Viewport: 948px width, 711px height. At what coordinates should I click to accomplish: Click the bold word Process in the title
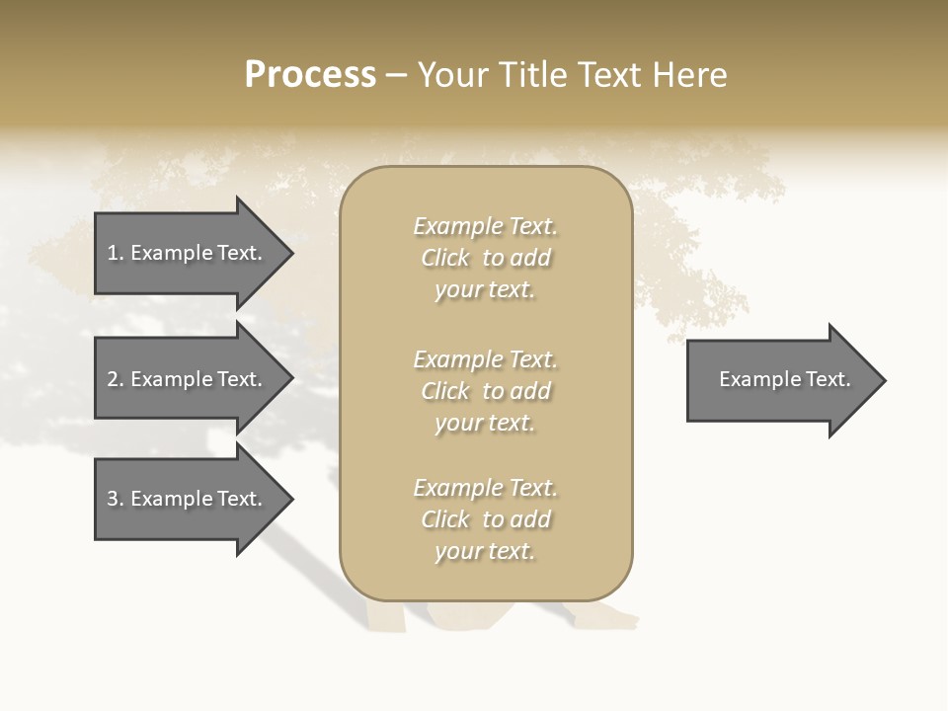(x=310, y=75)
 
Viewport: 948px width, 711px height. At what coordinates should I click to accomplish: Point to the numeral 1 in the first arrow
(x=113, y=253)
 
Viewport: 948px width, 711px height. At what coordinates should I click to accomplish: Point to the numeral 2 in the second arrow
(x=113, y=379)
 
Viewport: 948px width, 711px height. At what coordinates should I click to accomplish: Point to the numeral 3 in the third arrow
(x=113, y=499)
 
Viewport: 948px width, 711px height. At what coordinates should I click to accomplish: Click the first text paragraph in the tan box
(x=485, y=258)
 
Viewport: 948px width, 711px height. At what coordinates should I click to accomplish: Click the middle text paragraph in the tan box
(x=485, y=391)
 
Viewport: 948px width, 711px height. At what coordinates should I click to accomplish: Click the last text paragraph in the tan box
(x=485, y=519)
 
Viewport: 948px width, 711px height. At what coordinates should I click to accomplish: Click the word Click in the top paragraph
(x=445, y=258)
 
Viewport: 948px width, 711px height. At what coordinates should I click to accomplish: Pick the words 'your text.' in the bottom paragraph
(x=485, y=551)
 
